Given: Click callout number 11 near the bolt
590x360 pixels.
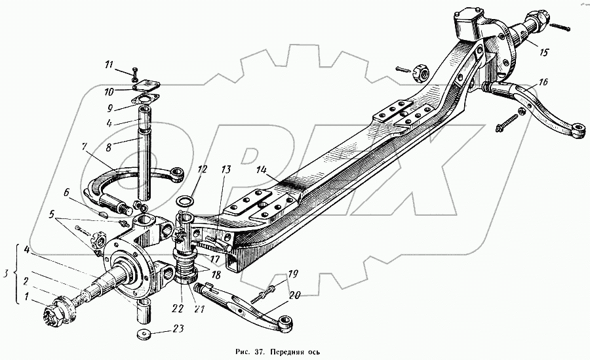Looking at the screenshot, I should click(x=108, y=64).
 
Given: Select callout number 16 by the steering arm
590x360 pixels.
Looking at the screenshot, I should click(x=543, y=82).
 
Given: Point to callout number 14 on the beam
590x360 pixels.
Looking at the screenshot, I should click(x=263, y=170).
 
